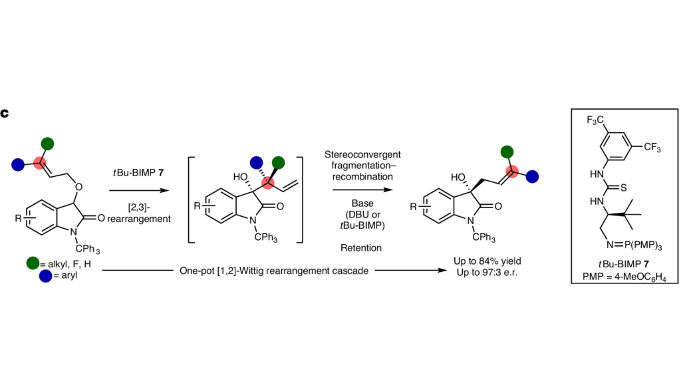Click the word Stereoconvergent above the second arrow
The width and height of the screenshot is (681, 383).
[362, 154]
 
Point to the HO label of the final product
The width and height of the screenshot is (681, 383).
[459, 178]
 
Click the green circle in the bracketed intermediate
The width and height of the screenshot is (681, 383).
[279, 162]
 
